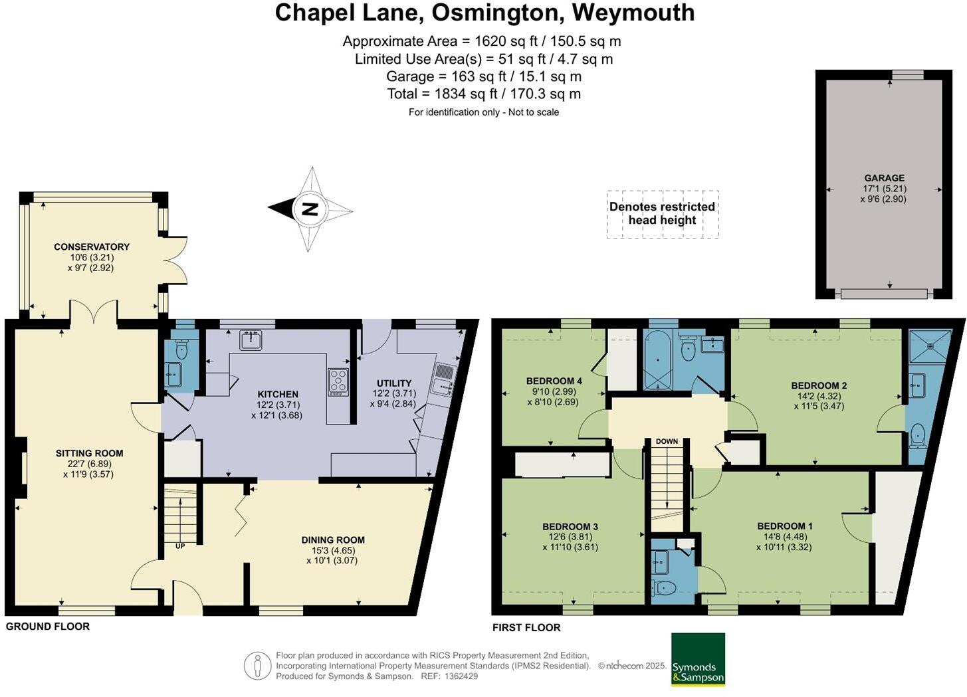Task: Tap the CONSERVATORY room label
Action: tap(92, 247)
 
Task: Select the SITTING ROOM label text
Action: tap(89, 453)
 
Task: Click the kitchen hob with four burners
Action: tap(338, 381)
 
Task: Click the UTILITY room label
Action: tap(394, 383)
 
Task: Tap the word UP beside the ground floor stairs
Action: tap(180, 546)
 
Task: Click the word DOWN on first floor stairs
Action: tap(667, 441)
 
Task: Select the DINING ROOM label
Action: tap(333, 540)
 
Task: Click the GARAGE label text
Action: tap(884, 178)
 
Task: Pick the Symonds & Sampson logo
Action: tap(698, 659)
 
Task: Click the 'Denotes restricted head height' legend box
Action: tap(663, 213)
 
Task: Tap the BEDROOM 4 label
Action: tap(554, 381)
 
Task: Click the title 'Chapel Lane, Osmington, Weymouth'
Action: tap(484, 13)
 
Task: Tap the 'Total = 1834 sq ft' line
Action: tap(484, 94)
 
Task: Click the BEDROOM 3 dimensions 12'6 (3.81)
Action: tap(570, 537)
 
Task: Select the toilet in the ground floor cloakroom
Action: tap(181, 349)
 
